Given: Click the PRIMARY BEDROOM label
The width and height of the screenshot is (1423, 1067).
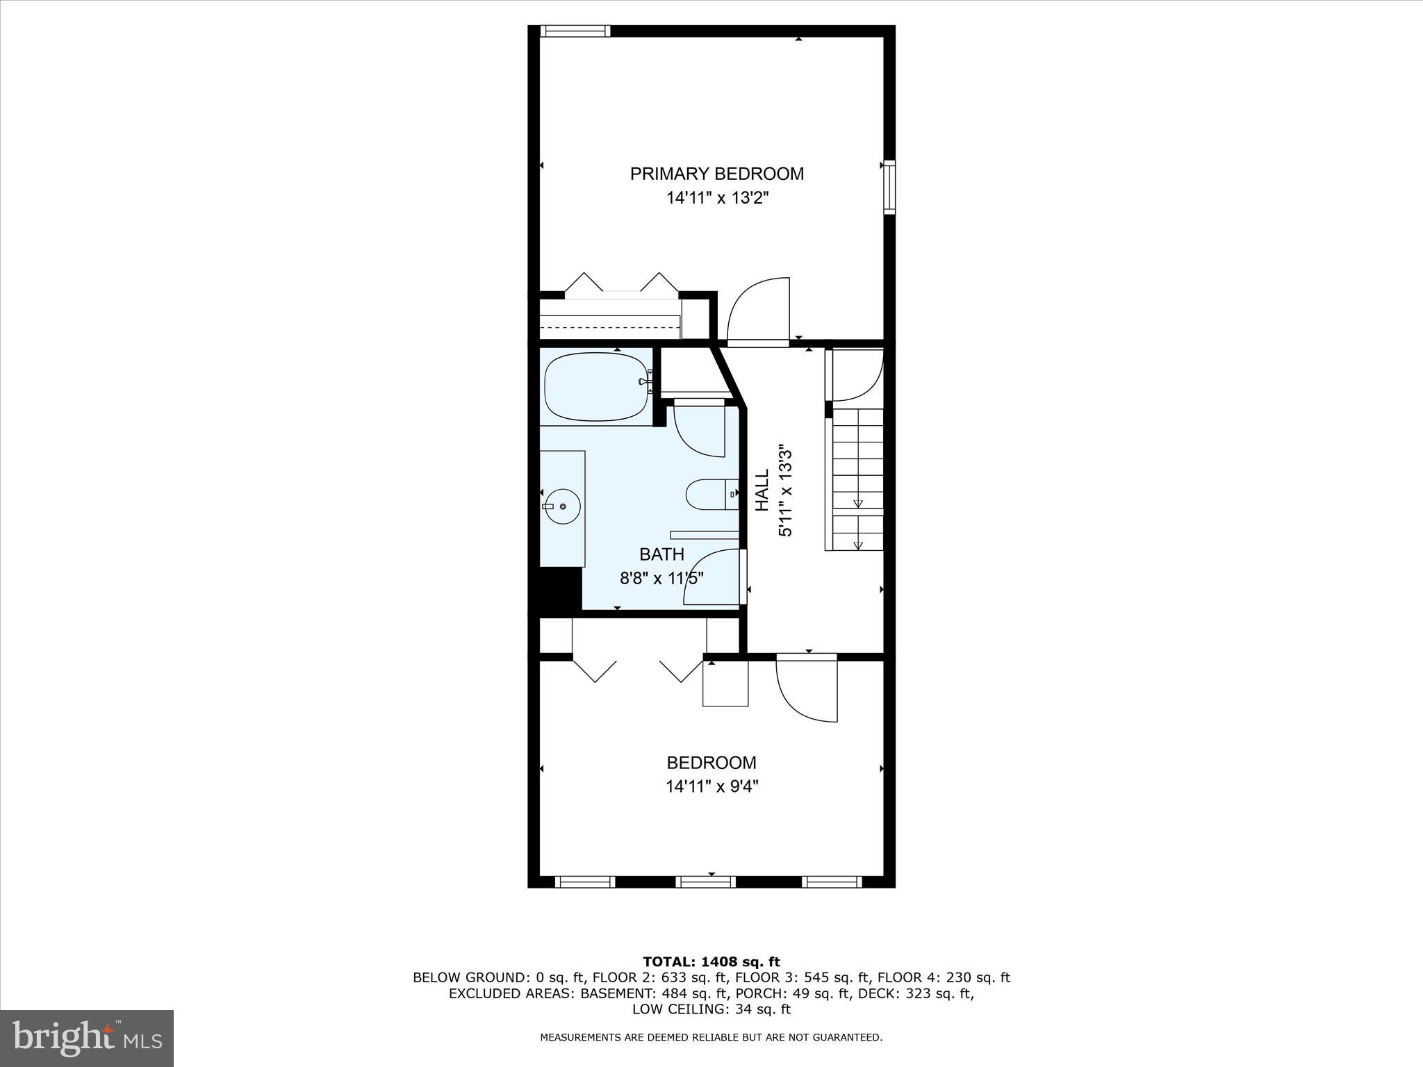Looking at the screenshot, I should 716,174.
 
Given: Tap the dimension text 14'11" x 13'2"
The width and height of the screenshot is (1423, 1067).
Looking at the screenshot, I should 717,199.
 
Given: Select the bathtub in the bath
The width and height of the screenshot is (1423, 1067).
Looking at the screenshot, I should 595,387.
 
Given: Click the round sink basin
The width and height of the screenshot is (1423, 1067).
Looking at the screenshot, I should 562,506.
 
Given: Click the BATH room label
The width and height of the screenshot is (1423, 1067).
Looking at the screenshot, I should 661,554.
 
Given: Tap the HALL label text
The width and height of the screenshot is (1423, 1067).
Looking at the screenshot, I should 763,490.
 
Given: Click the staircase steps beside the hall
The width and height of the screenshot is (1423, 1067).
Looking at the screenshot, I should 857,479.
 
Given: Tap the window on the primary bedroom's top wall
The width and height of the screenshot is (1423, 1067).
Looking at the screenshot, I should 575,31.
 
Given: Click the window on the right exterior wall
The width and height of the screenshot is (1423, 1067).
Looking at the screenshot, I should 889,186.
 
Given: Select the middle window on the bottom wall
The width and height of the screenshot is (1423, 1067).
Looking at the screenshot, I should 705,882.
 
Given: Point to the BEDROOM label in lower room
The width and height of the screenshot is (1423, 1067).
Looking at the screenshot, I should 711,763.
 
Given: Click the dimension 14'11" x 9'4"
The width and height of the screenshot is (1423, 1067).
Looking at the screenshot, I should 711,786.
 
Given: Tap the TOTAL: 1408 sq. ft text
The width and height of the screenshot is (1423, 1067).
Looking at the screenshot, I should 711,962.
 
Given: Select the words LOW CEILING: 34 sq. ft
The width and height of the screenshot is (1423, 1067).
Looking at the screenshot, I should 711,1009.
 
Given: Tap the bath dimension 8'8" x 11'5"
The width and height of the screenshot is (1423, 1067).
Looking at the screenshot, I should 661,578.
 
